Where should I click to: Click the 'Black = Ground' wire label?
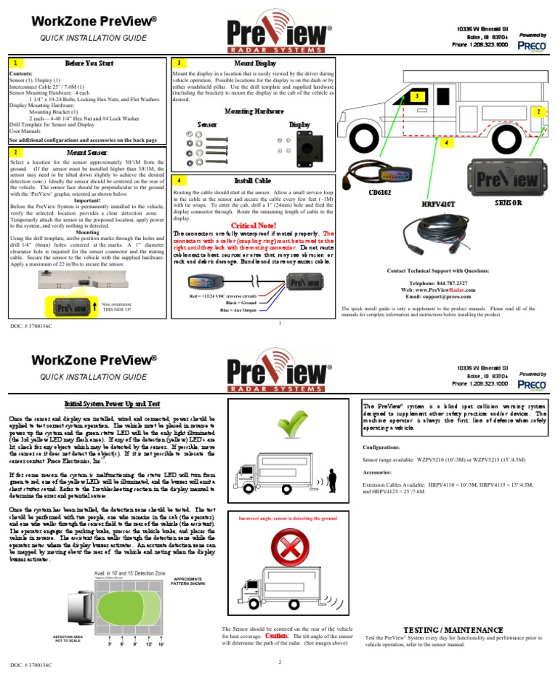tap(225, 303)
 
